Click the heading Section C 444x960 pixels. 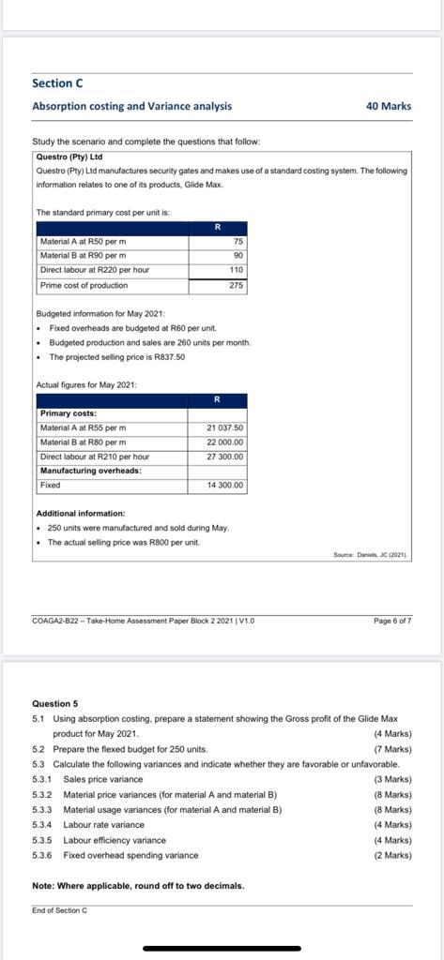57,83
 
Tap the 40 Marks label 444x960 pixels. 388,106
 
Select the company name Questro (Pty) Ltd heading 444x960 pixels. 69,157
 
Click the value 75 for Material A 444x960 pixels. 237,241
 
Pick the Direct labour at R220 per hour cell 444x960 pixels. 94,270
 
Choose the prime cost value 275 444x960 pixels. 236,285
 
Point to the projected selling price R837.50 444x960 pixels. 167,357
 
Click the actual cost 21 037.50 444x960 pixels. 224,428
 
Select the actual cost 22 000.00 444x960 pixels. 224,442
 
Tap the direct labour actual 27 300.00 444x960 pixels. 224,457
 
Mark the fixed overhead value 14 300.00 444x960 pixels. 224,485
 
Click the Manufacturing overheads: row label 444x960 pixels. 90,471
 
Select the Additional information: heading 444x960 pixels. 80,513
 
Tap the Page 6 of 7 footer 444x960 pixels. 391,621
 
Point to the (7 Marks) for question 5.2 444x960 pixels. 392,749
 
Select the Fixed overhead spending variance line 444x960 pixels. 130,855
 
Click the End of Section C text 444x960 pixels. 59,910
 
